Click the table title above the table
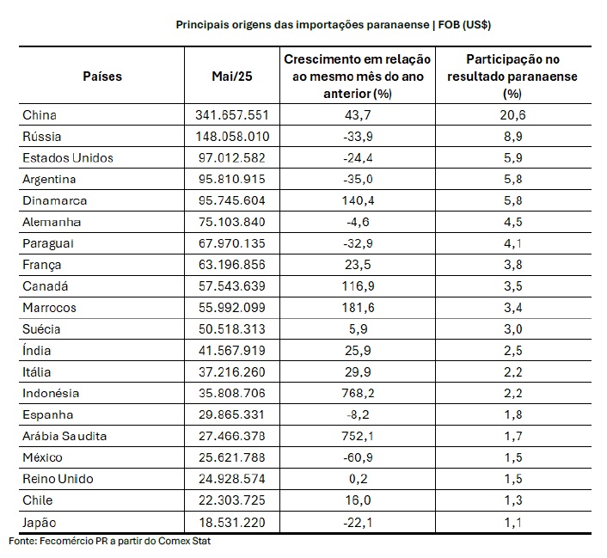coord(334,25)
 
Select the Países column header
coord(102,77)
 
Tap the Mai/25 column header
coord(232,77)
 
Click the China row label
coord(40,115)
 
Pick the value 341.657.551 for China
coord(232,115)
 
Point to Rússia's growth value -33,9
coord(358,137)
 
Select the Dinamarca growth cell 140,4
coord(358,200)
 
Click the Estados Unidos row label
coord(68,158)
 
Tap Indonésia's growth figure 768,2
coord(358,394)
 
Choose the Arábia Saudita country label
coord(64,436)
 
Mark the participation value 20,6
coord(513,115)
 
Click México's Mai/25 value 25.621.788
coord(232,457)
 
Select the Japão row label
coord(39,523)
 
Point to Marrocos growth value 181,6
coord(358,308)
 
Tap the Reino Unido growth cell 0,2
coord(358,479)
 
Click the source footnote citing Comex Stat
coord(109,541)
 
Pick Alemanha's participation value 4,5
coord(513,223)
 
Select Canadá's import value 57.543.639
coord(232,286)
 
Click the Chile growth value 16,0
coord(358,500)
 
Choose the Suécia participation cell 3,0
coord(513,329)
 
